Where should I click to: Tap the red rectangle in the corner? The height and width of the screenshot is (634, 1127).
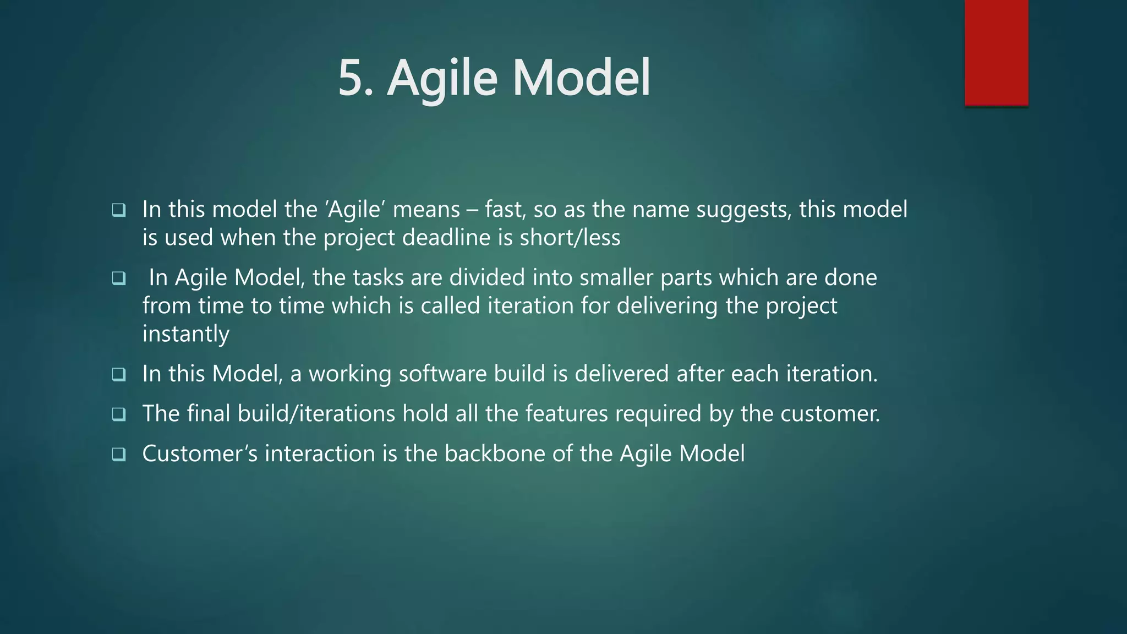pos(996,53)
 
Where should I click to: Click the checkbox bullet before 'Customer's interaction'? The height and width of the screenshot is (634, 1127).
pos(119,454)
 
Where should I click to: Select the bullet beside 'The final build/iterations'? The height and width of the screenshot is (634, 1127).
pos(119,414)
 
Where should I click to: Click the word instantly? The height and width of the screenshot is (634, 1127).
pos(185,334)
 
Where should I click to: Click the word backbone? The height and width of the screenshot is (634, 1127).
pos(495,454)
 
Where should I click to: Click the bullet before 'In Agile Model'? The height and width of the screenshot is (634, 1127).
pos(119,278)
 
